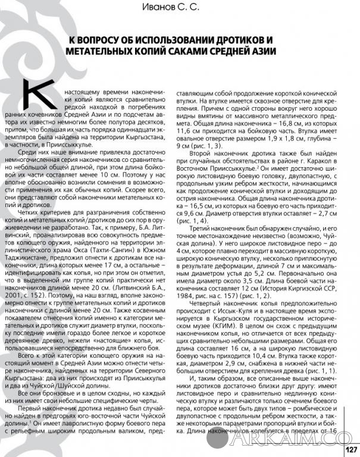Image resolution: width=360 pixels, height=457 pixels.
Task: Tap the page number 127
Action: click(x=350, y=449)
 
